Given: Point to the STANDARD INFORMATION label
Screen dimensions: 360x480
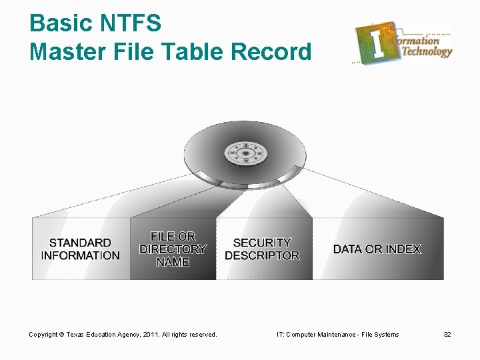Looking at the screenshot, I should click(x=80, y=249).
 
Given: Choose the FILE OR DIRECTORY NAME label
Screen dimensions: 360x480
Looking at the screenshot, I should click(x=173, y=249).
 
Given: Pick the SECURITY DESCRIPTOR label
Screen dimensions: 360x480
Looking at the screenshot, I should click(x=262, y=249).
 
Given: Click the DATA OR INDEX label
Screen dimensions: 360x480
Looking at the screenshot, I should click(x=377, y=249).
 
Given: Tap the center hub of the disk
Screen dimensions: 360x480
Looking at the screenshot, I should click(x=245, y=154).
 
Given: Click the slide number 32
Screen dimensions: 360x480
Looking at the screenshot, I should click(x=447, y=334).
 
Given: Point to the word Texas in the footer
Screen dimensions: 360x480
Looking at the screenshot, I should click(x=79, y=334).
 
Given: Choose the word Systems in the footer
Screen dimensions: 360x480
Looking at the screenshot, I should click(x=386, y=334).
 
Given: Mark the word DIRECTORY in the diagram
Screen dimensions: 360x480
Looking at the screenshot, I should click(x=173, y=249).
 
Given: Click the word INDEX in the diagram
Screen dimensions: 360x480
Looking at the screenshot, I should click(x=403, y=249).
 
